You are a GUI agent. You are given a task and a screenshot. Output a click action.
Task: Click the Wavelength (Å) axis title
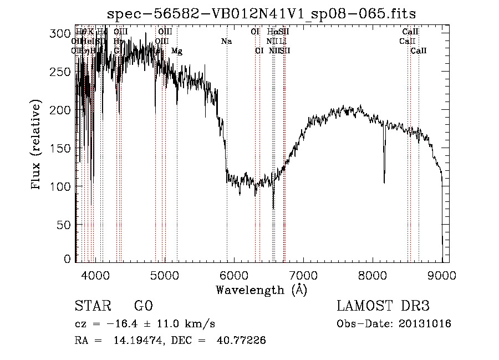coord(261,289)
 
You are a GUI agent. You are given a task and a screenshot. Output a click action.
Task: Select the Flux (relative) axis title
coord(37,146)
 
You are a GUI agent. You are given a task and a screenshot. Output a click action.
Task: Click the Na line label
coord(226,41)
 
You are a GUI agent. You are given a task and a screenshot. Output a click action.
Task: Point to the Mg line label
coord(176,51)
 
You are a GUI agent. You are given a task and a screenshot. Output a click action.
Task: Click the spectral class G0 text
coord(143,306)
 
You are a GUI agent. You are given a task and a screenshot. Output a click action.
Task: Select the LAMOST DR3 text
coord(383,306)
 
